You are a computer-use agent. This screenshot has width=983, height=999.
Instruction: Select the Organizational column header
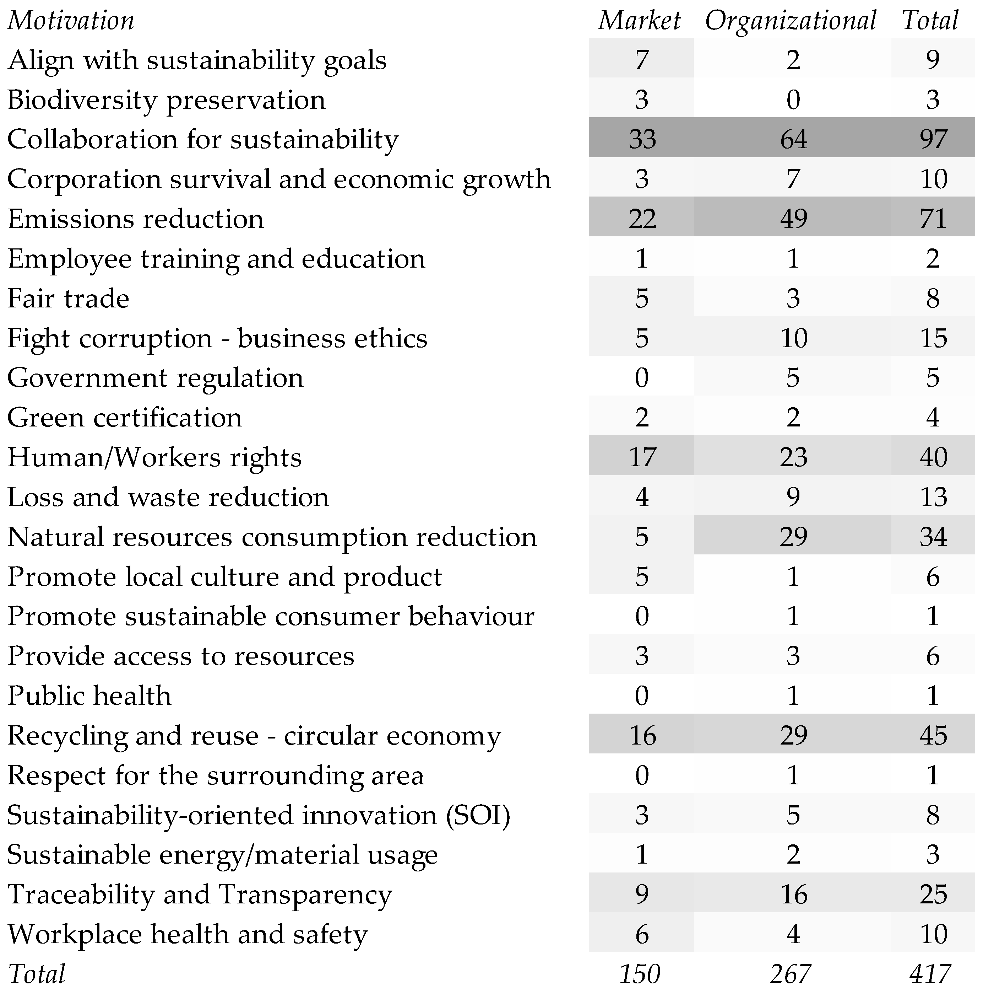tap(791, 21)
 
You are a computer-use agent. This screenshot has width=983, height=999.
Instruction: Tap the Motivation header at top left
tap(71, 21)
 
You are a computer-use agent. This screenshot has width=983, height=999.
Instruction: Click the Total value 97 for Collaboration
tap(933, 139)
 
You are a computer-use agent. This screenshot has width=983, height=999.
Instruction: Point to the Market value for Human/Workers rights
tap(642, 457)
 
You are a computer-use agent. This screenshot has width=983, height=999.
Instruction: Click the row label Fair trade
tap(68, 299)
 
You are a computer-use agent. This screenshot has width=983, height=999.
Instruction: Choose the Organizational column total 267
tap(791, 974)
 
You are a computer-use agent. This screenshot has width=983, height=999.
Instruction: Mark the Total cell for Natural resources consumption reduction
tap(933, 537)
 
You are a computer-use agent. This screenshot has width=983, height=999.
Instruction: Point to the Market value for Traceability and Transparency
tap(642, 894)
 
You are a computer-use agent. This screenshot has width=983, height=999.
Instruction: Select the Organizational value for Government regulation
tap(793, 377)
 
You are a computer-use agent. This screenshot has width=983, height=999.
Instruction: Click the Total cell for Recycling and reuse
tap(933, 735)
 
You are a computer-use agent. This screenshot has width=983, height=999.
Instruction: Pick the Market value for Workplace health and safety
tap(642, 934)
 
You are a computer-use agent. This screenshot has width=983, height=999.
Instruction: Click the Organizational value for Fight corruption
tap(793, 338)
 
